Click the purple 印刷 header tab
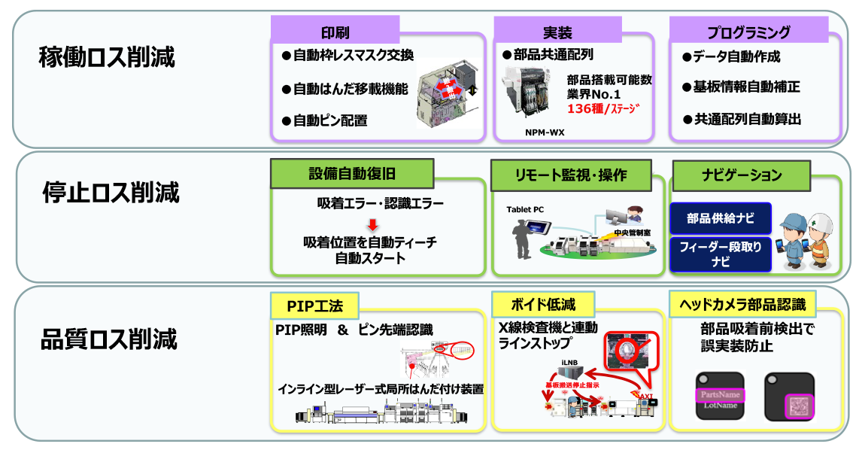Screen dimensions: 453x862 tap(335, 32)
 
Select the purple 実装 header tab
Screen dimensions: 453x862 tap(557, 32)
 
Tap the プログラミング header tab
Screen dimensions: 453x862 tap(748, 32)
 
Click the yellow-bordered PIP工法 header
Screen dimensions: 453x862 tap(314, 306)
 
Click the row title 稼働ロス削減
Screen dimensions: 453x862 tap(107, 56)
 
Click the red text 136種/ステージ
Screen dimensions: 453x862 tap(603, 109)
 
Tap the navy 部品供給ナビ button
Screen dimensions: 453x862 tap(720, 218)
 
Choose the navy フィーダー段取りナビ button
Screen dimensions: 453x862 tap(720, 254)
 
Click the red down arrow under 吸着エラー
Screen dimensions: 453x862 tap(371, 223)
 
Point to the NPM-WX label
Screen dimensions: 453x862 tap(545, 132)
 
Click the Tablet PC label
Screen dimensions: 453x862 tap(525, 209)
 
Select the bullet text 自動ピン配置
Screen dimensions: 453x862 tap(329, 120)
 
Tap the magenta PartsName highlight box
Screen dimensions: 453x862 tap(719, 394)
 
